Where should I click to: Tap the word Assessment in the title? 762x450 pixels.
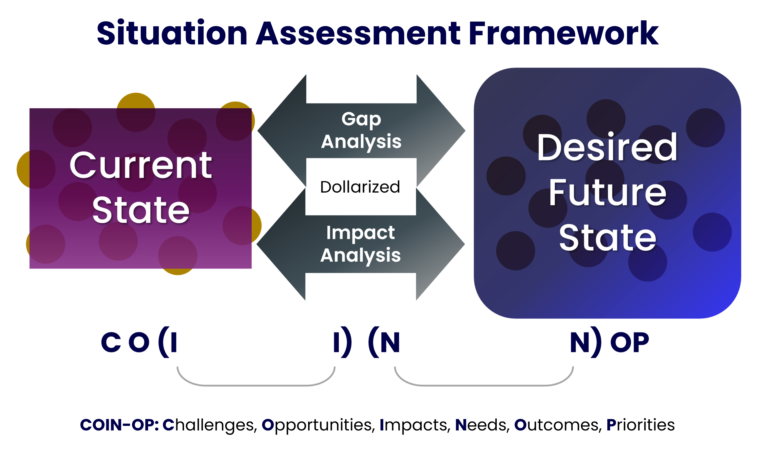(358, 33)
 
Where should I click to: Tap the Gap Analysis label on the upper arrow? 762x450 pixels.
(361, 130)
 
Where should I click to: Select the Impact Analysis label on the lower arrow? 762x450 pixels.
(360, 244)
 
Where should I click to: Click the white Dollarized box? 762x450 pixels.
(361, 187)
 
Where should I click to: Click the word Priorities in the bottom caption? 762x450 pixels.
(641, 425)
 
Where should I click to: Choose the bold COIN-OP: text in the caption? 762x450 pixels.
(119, 425)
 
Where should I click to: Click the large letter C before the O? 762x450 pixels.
(111, 342)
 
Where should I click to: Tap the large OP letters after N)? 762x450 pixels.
(630, 342)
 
